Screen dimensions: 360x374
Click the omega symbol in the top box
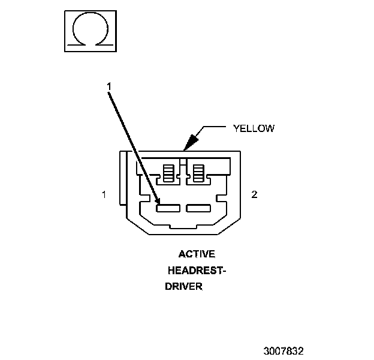coord(89,29)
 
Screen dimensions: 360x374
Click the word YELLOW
coord(253,128)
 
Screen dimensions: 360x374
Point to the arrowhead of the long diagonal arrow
coord(158,203)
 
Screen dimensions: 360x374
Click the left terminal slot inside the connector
coord(168,208)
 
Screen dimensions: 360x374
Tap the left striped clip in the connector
coord(168,173)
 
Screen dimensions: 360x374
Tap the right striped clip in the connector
coord(197,173)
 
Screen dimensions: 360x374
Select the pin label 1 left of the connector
coord(104,194)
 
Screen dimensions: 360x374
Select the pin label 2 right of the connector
coord(254,194)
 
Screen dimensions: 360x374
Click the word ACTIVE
coord(197,254)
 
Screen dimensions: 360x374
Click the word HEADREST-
coord(197,271)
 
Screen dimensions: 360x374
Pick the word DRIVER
coord(184,287)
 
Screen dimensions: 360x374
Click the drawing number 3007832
coord(283,350)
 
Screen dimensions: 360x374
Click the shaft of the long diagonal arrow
coord(133,144)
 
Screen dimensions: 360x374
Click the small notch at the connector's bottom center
coord(183,229)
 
